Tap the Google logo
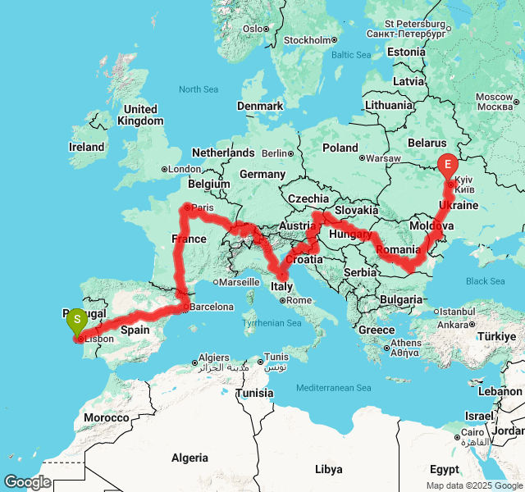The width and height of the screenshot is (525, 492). pyautogui.click(x=26, y=482)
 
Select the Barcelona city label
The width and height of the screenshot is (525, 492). pyautogui.click(x=212, y=307)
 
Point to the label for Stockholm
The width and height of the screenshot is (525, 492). pyautogui.click(x=307, y=40)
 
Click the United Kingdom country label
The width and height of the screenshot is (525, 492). pyautogui.click(x=140, y=115)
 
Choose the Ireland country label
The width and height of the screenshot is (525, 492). pyautogui.click(x=87, y=148)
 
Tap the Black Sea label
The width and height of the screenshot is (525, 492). pyautogui.click(x=486, y=281)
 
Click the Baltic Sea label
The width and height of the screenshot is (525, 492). pyautogui.click(x=351, y=55)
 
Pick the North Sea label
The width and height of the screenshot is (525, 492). pyautogui.click(x=200, y=89)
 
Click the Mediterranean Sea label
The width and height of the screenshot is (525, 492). pyautogui.click(x=334, y=388)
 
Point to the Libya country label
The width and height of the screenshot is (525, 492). pyautogui.click(x=329, y=469)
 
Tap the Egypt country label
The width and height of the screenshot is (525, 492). pyautogui.click(x=444, y=469)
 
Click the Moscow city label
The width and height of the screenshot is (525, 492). pyautogui.click(x=494, y=102)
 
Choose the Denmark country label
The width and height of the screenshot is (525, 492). pyautogui.click(x=260, y=106)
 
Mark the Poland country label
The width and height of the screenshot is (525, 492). pyautogui.click(x=340, y=148)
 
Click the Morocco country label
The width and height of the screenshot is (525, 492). pyautogui.click(x=106, y=417)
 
